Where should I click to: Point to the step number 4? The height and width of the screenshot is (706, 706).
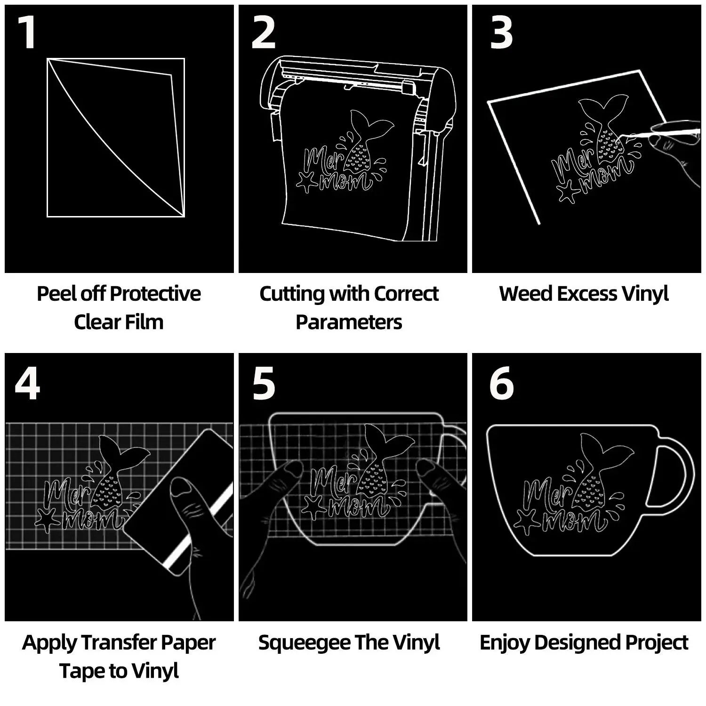[x=27, y=384]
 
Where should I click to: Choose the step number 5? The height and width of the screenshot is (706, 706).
[x=264, y=384]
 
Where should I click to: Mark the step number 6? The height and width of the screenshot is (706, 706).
[x=502, y=384]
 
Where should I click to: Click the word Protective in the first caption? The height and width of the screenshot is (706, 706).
[x=159, y=294]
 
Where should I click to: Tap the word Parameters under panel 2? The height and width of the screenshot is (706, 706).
[x=349, y=322]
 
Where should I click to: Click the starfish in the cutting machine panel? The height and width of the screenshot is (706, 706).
[x=307, y=182]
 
